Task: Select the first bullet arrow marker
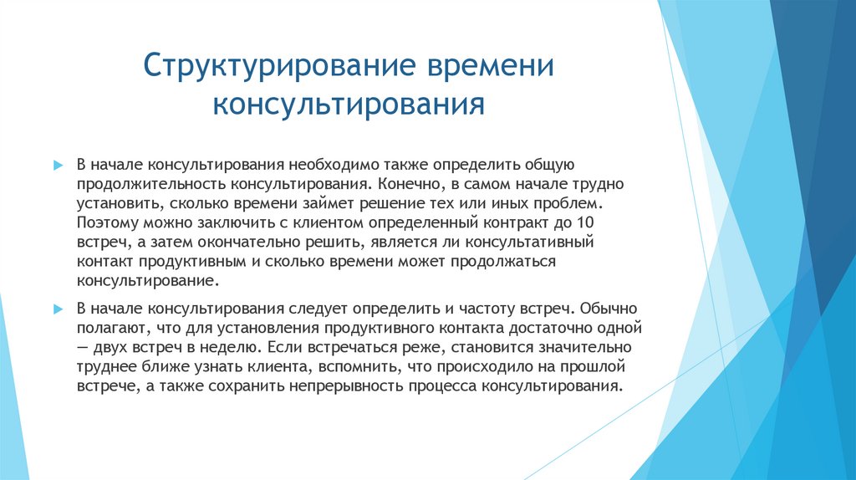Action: click(x=58, y=166)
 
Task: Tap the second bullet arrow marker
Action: click(x=58, y=309)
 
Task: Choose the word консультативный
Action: click(x=534, y=243)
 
